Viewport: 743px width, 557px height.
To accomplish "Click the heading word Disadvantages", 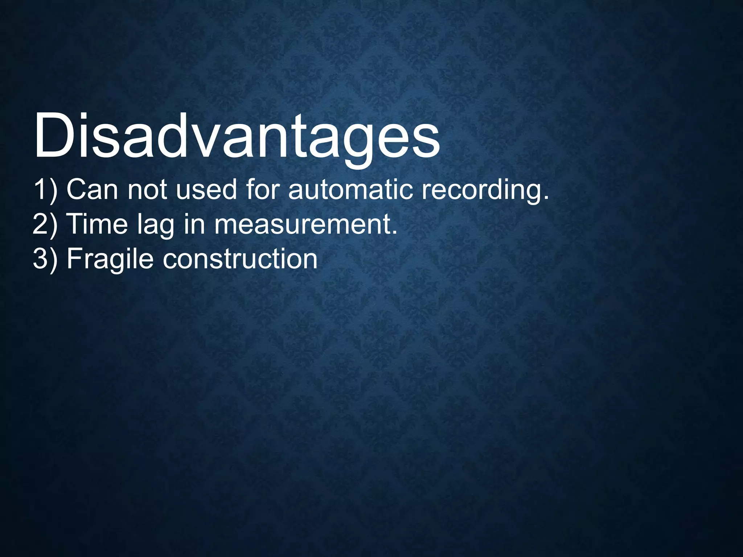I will point(237,136).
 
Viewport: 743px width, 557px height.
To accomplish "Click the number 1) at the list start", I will point(45,189).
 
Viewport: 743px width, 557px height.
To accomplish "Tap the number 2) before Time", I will point(45,224).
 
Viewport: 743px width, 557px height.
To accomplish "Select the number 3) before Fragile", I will point(45,259).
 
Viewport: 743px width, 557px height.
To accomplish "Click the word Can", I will point(92,189).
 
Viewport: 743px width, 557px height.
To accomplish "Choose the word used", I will point(206,189).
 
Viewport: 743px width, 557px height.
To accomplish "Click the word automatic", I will point(350,189).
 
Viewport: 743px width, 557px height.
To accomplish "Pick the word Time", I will point(98,224).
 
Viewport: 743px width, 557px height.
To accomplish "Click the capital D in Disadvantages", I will point(54,136).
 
